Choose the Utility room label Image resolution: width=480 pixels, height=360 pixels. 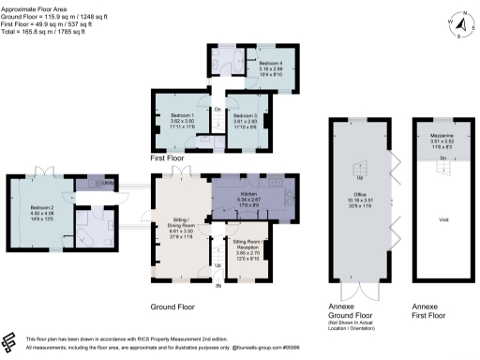pos(108,183)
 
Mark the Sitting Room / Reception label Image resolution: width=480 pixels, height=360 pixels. pos(247,242)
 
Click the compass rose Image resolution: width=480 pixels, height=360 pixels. pos(457,22)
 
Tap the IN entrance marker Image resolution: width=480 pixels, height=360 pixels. pos(218,286)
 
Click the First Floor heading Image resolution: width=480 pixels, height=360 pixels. pos(169,159)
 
